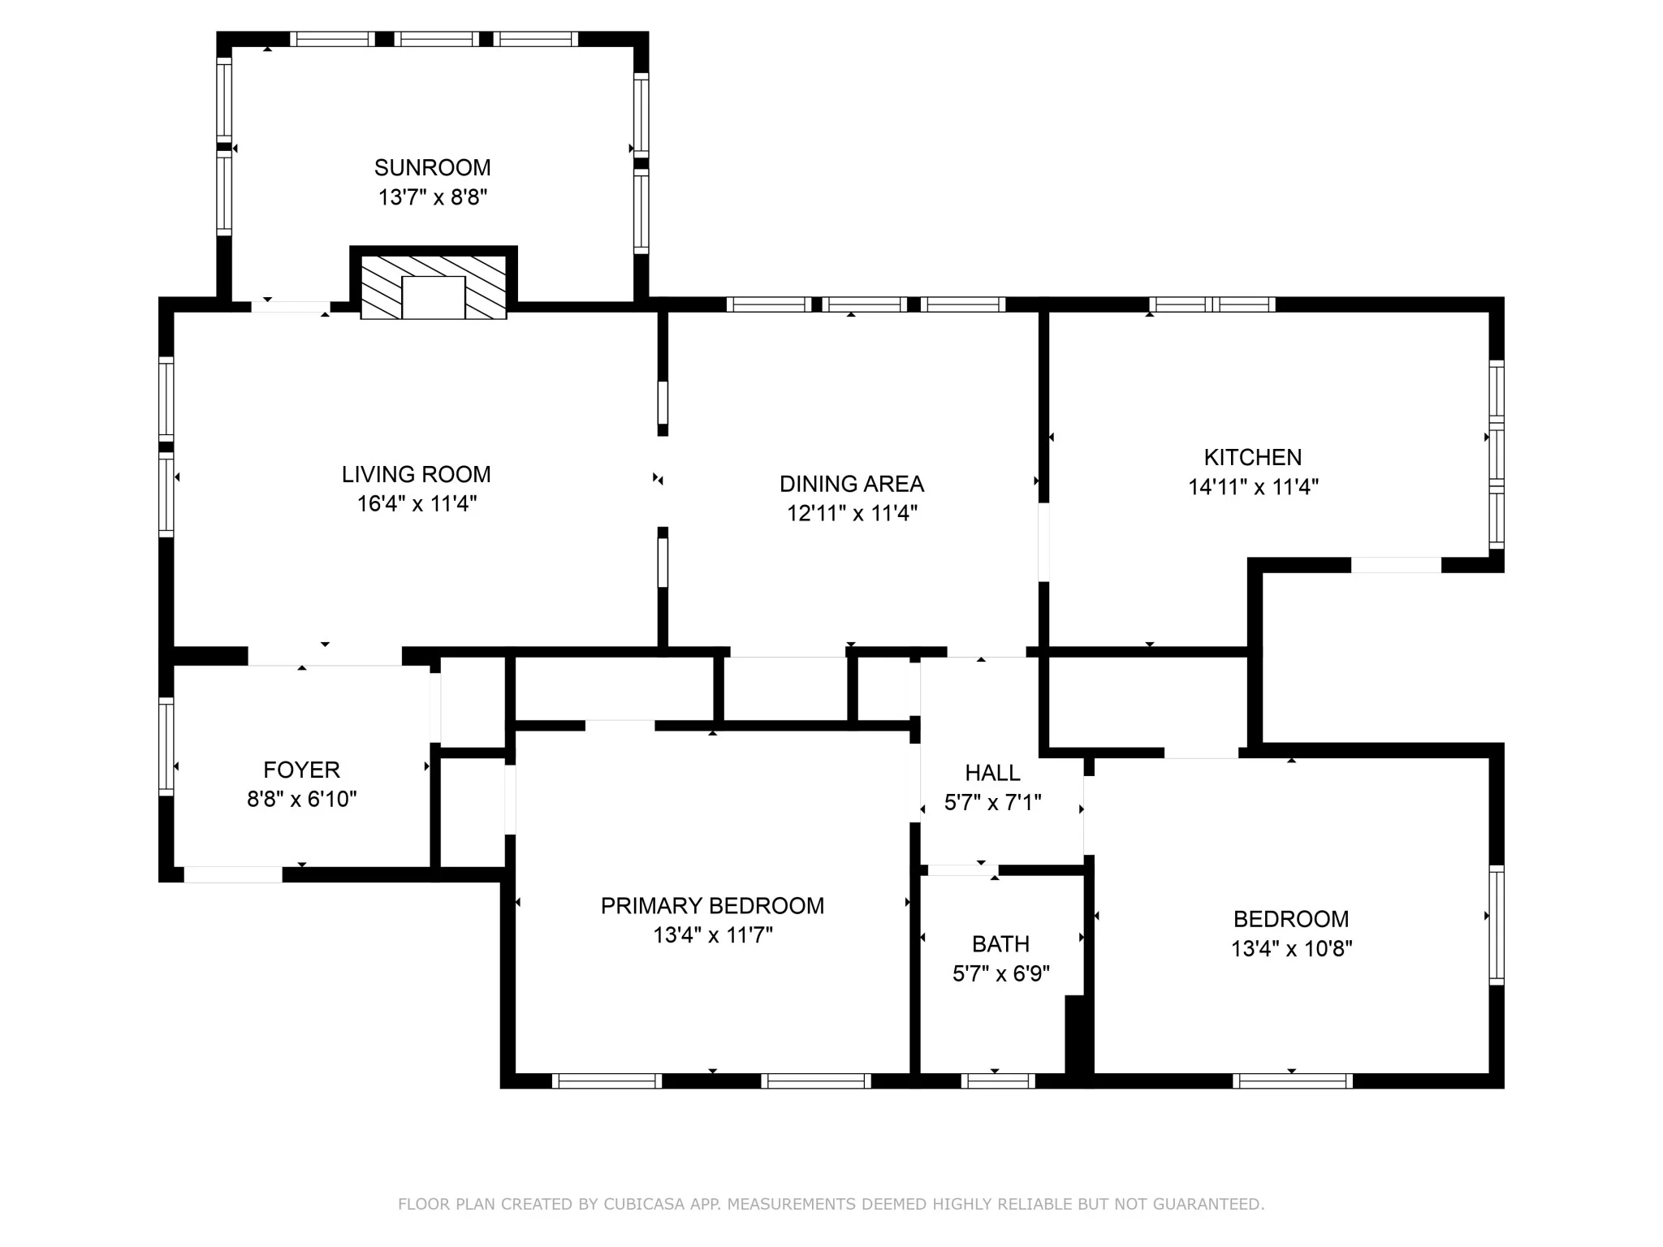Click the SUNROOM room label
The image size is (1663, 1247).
(x=432, y=168)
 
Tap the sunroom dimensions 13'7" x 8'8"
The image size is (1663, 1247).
(x=432, y=197)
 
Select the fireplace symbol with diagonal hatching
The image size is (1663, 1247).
(x=434, y=287)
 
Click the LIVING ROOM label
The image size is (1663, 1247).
(x=416, y=474)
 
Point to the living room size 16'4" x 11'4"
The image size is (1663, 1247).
(x=417, y=504)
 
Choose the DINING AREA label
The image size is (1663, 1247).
(x=852, y=484)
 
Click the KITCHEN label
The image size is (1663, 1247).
(x=1253, y=457)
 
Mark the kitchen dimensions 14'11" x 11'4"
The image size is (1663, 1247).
(x=1253, y=487)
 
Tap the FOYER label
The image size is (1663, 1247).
(x=302, y=770)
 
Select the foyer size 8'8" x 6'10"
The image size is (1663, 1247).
(x=302, y=800)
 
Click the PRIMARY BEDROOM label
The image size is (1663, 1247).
(x=712, y=906)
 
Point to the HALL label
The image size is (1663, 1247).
(x=993, y=773)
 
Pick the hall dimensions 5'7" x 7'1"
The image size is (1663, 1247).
(x=993, y=803)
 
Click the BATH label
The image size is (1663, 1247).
(x=1000, y=944)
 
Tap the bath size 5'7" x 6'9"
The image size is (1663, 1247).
(x=1001, y=973)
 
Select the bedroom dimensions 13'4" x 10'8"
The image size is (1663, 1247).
(x=1291, y=949)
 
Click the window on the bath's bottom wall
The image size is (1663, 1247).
(x=998, y=1081)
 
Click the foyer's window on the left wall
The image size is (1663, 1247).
(x=166, y=745)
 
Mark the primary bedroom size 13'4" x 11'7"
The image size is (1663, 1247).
(x=713, y=936)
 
